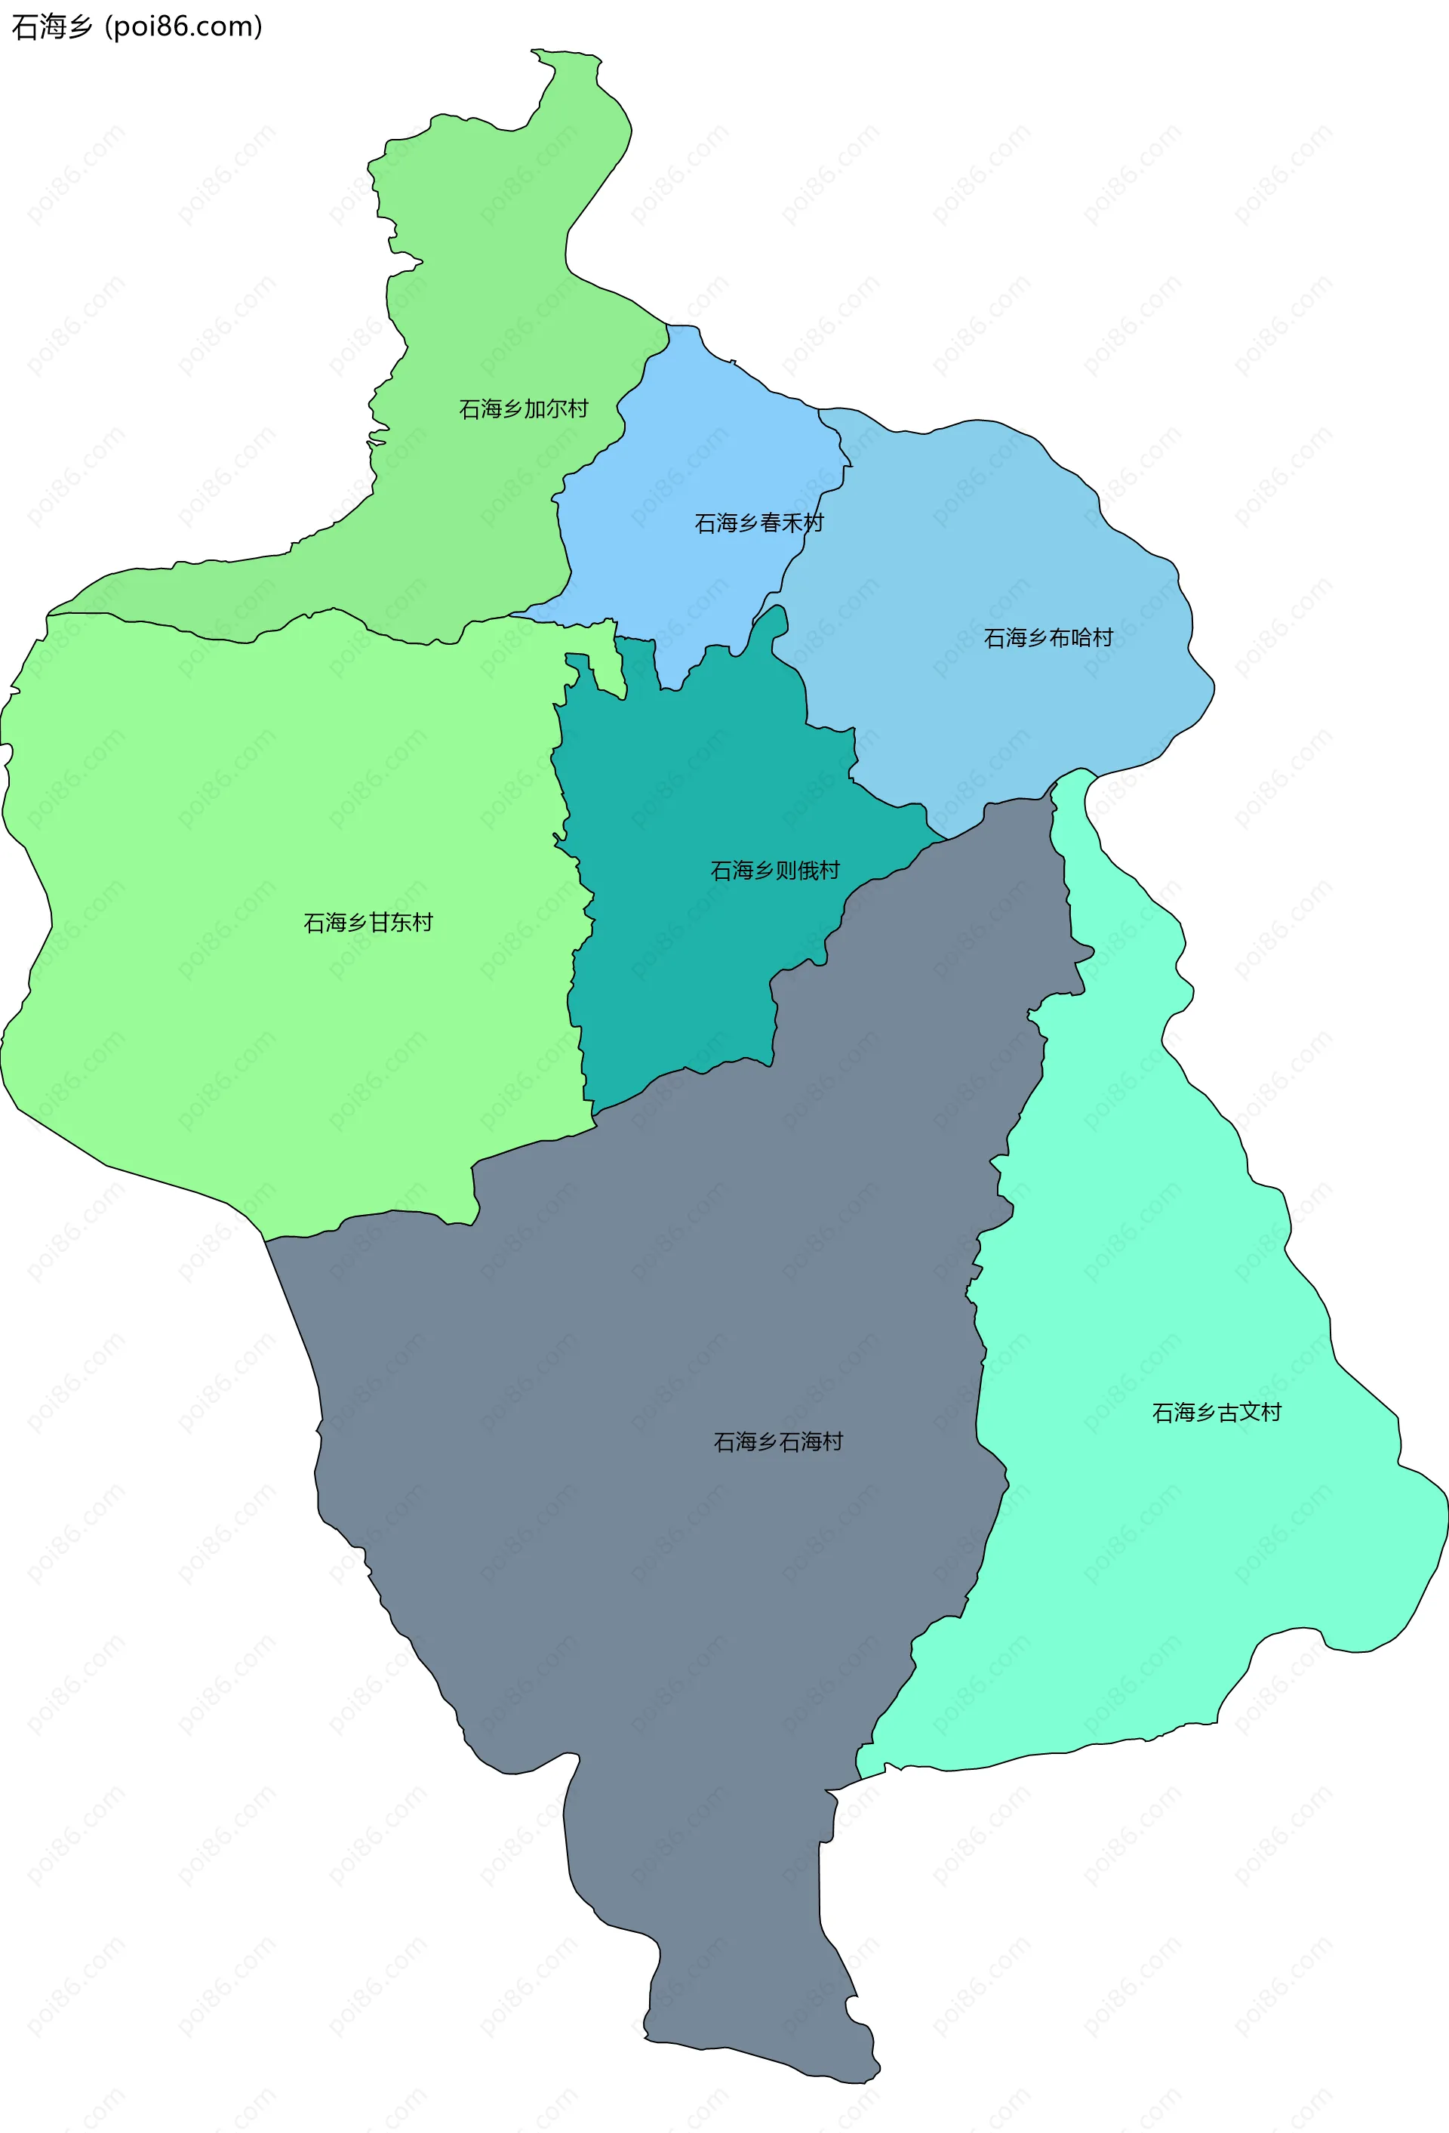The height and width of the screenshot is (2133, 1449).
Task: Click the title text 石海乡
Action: point(51,26)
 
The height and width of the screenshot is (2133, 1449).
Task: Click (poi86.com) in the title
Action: point(183,26)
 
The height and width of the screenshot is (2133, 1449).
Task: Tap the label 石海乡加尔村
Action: point(523,408)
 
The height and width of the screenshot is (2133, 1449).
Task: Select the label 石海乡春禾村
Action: point(759,523)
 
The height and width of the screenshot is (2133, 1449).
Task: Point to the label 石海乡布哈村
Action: point(1048,637)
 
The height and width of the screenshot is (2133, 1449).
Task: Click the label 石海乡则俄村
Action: point(774,870)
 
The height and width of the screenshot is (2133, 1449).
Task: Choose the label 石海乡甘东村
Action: point(368,923)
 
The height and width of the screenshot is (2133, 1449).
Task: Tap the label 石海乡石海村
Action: point(778,1442)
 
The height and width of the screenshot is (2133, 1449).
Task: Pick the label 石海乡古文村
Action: point(1216,1413)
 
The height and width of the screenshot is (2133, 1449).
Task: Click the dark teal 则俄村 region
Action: point(679,963)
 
